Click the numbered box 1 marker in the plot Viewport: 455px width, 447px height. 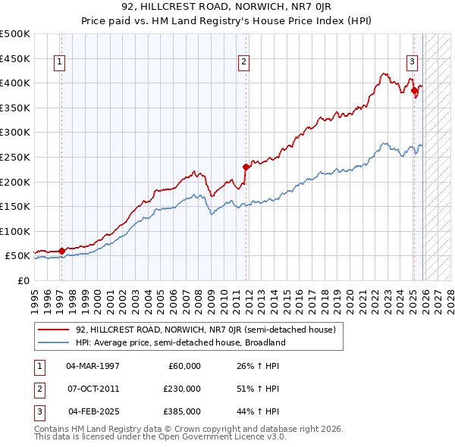point(60,63)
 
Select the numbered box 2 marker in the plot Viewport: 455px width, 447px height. point(243,63)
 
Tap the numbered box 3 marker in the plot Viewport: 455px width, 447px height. point(412,63)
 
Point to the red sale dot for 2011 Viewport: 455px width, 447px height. point(246,167)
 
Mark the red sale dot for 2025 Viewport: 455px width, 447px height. point(414,90)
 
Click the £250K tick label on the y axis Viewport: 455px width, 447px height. point(16,157)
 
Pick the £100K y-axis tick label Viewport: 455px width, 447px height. point(16,231)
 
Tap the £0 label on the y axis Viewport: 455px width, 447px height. point(24,280)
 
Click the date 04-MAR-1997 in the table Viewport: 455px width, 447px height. point(93,366)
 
